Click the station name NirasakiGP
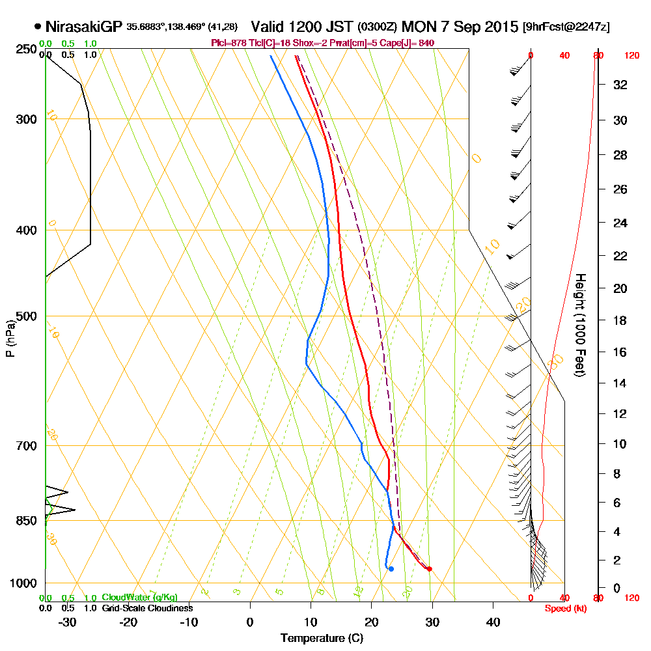[x=84, y=27]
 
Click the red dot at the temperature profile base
[x=429, y=569]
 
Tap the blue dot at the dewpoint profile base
[x=391, y=569]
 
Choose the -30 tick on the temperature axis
[x=68, y=622]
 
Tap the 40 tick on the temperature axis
[x=493, y=622]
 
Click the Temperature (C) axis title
[x=322, y=638]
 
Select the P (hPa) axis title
[x=10, y=338]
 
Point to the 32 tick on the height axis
[x=621, y=85]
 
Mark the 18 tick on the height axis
[x=621, y=320]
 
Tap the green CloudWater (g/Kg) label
[x=139, y=598]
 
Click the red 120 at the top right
[x=632, y=56]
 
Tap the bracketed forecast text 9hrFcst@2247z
[x=566, y=27]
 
